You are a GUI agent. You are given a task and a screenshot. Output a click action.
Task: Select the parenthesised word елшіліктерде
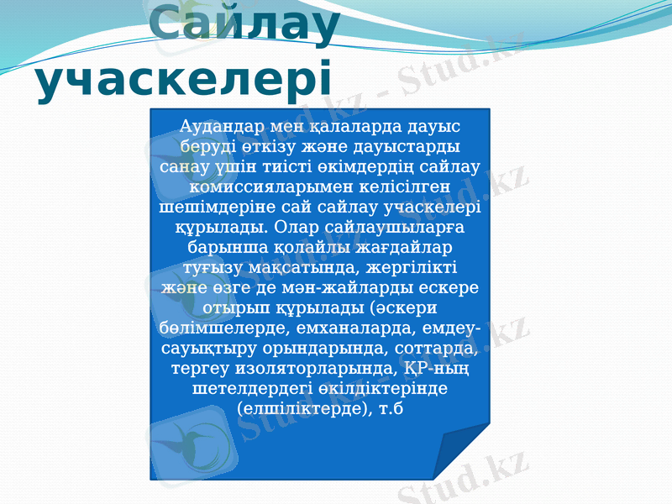[x=302, y=410]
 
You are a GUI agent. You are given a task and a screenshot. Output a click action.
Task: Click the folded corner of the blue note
[x=465, y=454]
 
